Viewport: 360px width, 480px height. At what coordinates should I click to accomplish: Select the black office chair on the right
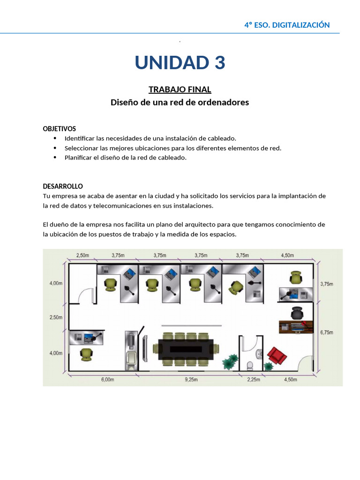[x=296, y=312]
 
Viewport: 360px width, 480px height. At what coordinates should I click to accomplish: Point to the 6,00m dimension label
[x=107, y=380]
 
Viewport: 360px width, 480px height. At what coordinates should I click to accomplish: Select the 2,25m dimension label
[x=253, y=380]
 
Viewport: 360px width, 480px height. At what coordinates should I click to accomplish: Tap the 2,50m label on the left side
[x=56, y=317]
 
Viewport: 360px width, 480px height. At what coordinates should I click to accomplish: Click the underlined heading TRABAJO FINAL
[x=180, y=89]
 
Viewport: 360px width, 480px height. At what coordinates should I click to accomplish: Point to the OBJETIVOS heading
[x=60, y=128]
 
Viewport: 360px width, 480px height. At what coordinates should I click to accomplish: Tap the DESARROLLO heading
[x=63, y=186]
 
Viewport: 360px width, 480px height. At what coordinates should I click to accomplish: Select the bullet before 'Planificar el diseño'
[x=55, y=157]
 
